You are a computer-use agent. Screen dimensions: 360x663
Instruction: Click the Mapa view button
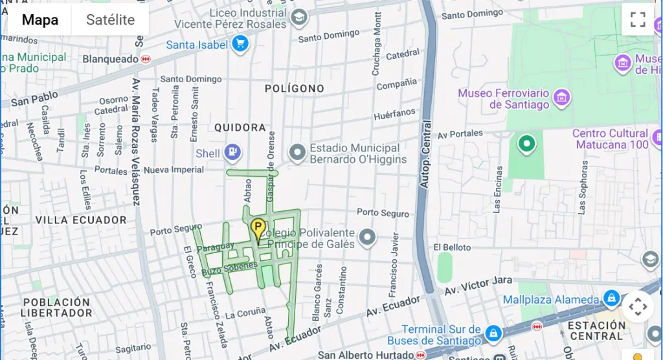click(40, 19)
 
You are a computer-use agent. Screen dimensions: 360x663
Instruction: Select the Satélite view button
click(110, 19)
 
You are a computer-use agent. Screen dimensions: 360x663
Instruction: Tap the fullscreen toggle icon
click(638, 19)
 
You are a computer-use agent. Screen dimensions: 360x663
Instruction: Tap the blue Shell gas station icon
click(232, 153)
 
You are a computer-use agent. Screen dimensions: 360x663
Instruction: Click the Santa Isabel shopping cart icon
click(241, 45)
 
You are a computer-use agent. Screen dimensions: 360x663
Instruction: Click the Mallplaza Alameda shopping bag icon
click(611, 299)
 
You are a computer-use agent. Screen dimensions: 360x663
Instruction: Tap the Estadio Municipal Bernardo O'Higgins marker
click(297, 153)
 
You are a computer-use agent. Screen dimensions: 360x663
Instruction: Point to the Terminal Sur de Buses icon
click(493, 334)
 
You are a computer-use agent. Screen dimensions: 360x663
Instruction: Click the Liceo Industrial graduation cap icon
click(298, 18)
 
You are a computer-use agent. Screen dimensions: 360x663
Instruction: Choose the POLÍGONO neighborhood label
click(294, 88)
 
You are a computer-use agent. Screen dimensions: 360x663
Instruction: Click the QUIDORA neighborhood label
click(240, 128)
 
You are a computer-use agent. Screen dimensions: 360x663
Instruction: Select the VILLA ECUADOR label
click(81, 220)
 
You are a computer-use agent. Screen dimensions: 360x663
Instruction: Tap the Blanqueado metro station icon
click(146, 59)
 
